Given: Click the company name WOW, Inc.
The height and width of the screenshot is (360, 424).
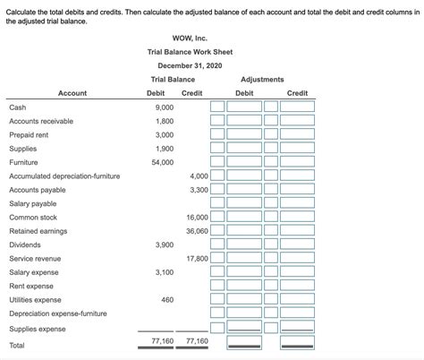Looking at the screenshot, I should coord(190,38).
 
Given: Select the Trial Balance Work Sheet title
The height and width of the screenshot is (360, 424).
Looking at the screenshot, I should coord(190,52).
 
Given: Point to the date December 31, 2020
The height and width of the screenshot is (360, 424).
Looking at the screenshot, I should coord(190,66).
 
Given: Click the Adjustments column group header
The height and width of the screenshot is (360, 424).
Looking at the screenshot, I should coord(262,80).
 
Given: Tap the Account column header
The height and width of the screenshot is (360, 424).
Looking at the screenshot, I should coord(72,93).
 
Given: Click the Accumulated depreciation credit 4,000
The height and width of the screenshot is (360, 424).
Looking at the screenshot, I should coord(198,176).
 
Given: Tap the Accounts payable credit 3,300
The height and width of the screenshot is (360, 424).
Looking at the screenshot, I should coord(198,190).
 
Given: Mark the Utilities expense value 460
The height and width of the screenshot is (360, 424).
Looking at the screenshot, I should coord(166,300).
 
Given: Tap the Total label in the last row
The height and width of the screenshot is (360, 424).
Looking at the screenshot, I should coord(17,345).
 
